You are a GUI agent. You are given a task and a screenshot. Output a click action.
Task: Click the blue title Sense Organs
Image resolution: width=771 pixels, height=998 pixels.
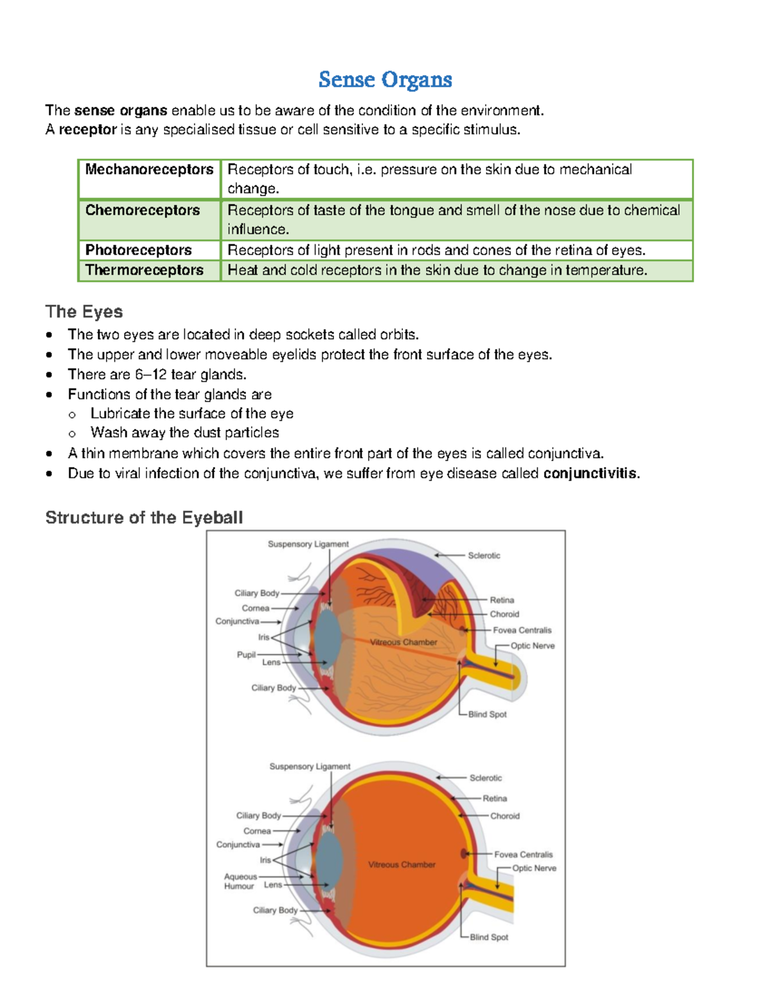385,80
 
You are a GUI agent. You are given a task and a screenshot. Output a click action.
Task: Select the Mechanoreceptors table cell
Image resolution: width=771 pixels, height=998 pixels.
149,170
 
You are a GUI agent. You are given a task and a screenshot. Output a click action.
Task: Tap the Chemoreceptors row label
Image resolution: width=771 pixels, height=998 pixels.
143,210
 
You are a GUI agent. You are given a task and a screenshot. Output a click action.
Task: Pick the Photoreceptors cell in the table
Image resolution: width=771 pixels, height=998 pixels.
139,250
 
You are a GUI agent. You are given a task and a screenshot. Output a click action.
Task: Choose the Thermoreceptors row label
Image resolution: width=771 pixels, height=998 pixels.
145,270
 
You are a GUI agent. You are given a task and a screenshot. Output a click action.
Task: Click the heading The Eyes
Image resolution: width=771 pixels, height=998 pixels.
84,312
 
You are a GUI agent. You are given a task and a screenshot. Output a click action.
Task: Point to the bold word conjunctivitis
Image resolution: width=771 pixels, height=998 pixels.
591,474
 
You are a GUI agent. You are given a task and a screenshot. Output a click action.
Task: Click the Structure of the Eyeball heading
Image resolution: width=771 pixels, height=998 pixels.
144,517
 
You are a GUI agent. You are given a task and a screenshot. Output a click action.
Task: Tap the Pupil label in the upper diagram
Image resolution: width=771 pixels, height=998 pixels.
246,655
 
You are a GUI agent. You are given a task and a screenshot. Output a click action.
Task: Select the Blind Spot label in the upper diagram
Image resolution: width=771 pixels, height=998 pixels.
487,714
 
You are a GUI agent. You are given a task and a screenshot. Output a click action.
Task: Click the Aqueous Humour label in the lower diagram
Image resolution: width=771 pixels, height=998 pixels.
240,881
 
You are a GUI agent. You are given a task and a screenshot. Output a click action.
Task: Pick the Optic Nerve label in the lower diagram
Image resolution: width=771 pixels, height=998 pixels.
534,868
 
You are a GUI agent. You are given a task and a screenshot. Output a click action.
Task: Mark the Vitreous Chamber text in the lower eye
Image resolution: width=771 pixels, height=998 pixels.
402,864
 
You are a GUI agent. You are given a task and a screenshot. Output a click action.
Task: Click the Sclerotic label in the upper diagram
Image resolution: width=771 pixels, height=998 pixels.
484,555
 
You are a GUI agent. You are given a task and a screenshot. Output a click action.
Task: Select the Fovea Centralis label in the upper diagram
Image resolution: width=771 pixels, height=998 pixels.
522,630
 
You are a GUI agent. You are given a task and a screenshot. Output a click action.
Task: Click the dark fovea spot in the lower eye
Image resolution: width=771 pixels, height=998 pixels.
463,853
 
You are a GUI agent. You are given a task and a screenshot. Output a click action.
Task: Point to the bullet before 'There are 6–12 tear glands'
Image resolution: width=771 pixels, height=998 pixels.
49,375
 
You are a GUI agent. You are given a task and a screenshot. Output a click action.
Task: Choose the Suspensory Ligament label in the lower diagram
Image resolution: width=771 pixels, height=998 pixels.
310,767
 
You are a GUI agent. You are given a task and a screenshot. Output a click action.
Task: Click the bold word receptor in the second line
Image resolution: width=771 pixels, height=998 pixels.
88,130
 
